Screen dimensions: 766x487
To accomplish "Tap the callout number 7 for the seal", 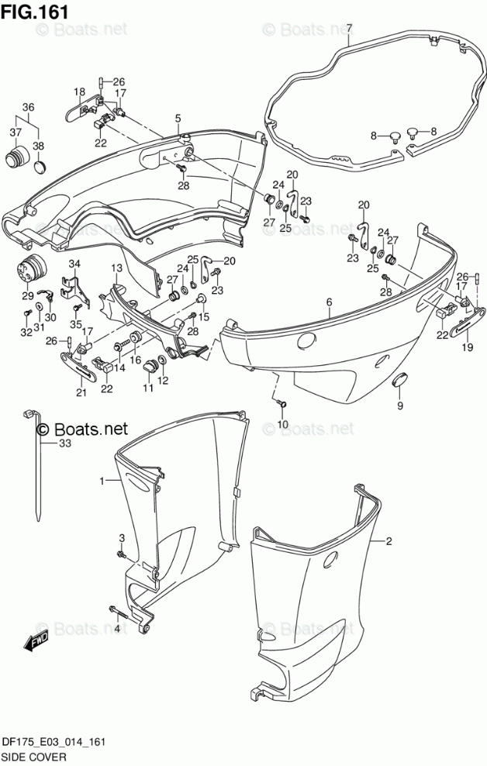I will pyautogui.click(x=349, y=29).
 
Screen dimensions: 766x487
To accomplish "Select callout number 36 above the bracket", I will pyautogui.click(x=28, y=107).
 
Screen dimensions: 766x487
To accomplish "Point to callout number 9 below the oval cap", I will pyautogui.click(x=400, y=405).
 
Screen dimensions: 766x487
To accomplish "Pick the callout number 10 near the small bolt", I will pyautogui.click(x=283, y=424).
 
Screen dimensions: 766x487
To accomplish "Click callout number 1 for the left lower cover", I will pyautogui.click(x=101, y=481).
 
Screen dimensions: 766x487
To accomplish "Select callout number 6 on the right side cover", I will pyautogui.click(x=329, y=302).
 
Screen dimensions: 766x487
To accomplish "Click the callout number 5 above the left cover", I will pyautogui.click(x=178, y=118).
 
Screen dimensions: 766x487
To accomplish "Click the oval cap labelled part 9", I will pyautogui.click(x=400, y=379).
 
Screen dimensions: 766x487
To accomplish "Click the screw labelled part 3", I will pyautogui.click(x=122, y=554).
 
